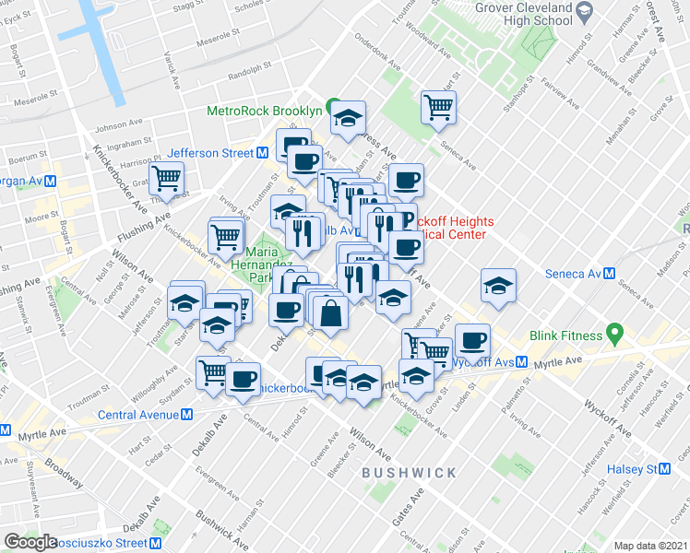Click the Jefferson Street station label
210,154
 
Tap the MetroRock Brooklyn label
264,111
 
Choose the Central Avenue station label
138,414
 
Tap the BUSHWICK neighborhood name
409,473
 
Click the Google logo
30,542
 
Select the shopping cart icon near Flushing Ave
167,178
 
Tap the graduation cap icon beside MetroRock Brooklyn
348,118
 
